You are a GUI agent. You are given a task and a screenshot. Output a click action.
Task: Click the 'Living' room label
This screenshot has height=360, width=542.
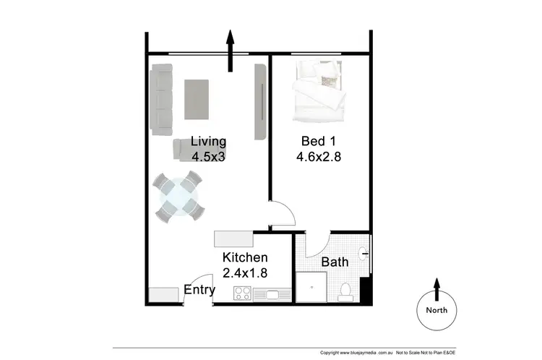pos(208,141)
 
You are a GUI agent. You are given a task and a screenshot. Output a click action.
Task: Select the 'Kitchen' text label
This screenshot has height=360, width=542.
pos(245,257)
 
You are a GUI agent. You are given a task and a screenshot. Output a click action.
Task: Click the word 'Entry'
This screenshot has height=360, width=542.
pos(199,290)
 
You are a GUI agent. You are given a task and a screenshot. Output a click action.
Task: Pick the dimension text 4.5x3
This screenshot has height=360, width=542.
pos(209,156)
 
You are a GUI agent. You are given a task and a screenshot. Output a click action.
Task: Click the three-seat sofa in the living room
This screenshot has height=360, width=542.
pos(161,99)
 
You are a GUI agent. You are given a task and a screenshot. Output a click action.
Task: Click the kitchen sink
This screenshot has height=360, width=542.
pos(274,294)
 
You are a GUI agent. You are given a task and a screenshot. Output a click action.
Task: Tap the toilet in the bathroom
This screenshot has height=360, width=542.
pos(345,291)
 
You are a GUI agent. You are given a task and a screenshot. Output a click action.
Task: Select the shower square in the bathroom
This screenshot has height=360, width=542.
pos(312,287)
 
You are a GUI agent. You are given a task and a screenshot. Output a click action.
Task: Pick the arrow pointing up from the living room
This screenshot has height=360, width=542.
pos(231,51)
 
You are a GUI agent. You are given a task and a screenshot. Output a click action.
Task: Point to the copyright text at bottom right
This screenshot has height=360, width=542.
pos(388,353)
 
